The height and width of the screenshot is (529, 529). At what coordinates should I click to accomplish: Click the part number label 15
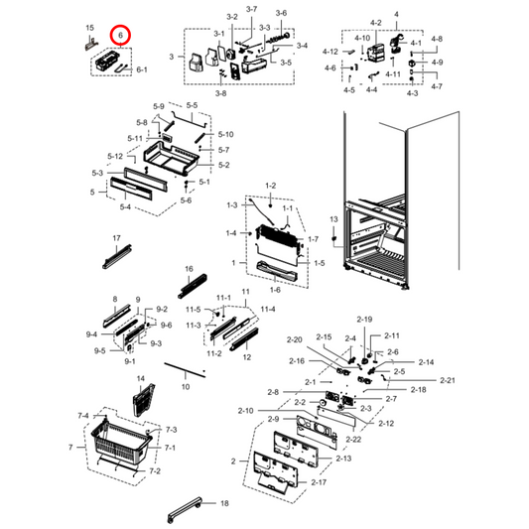[89, 29]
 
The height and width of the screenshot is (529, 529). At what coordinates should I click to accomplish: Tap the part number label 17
[116, 239]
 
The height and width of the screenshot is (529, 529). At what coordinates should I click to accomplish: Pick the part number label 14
[140, 380]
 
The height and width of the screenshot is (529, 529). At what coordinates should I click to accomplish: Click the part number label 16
[189, 269]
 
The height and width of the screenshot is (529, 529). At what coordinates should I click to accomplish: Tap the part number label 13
[334, 218]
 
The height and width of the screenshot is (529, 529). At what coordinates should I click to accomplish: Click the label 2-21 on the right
[448, 381]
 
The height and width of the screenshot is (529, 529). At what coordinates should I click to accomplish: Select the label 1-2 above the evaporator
[270, 187]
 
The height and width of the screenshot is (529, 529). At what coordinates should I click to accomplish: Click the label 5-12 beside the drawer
[116, 157]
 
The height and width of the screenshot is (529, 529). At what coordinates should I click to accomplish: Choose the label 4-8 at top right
[438, 39]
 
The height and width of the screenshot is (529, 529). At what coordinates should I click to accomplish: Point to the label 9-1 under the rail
[130, 362]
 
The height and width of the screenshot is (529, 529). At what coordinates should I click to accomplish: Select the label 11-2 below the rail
[213, 353]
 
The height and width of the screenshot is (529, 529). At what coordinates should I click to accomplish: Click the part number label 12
[247, 356]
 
